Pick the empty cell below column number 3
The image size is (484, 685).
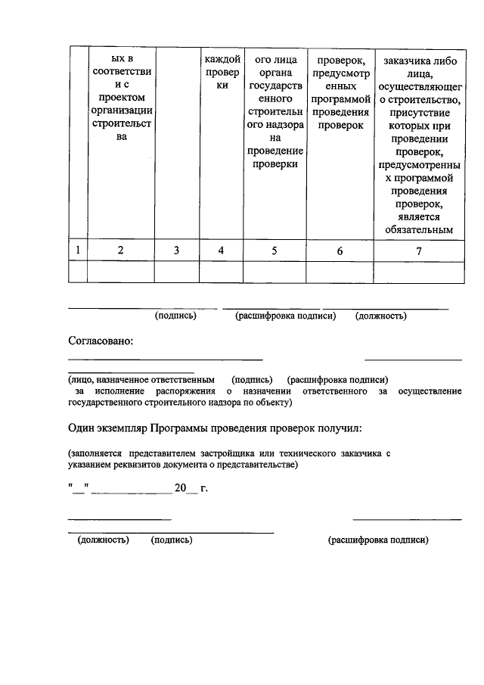(177, 271)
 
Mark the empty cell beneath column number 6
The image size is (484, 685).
(340, 271)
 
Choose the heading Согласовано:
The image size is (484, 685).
(101, 341)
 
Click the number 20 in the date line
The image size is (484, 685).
(180, 489)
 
